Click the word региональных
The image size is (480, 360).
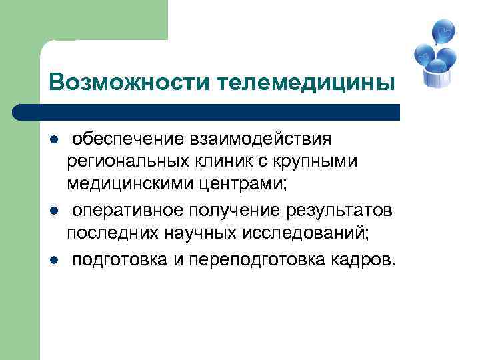(127, 161)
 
